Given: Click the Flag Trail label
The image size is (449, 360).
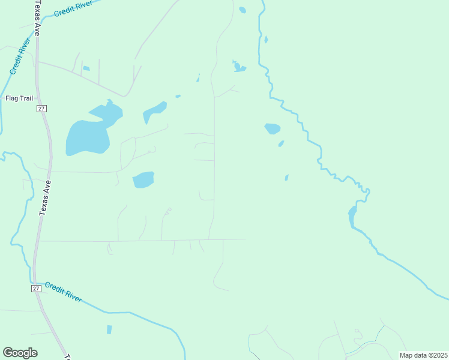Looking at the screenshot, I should click(x=19, y=98).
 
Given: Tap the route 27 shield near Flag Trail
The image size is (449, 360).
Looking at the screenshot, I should click(x=41, y=108).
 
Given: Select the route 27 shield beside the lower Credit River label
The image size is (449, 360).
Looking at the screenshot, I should click(x=36, y=289).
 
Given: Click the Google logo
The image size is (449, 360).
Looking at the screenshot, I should click(x=20, y=353).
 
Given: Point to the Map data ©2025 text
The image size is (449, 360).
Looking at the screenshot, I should click(x=424, y=355).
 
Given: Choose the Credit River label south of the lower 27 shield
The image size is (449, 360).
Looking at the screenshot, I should click(x=63, y=293).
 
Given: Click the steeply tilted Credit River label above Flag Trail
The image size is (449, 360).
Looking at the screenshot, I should click(x=20, y=57).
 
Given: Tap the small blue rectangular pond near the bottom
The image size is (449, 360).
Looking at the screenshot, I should click(x=109, y=329).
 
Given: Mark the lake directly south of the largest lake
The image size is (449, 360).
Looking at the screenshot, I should click(x=143, y=179).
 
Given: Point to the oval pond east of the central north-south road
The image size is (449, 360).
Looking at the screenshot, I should click(x=273, y=128).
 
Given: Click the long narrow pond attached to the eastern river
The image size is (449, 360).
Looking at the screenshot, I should click(x=352, y=216).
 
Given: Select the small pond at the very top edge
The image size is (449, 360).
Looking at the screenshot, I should click(x=242, y=10).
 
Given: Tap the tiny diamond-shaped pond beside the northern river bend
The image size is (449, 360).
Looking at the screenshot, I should click(x=265, y=40).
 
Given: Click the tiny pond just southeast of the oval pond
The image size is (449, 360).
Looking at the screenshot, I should click(x=281, y=143).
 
